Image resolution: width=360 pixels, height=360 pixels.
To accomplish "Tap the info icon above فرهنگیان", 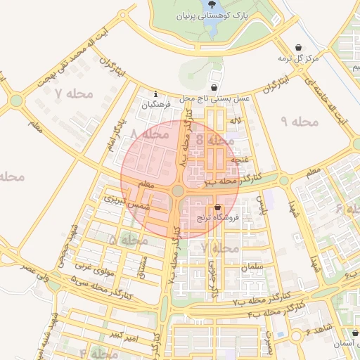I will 156,94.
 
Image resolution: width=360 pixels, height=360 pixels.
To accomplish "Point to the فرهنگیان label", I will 156,104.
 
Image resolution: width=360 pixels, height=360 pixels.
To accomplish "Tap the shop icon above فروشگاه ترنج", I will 217,207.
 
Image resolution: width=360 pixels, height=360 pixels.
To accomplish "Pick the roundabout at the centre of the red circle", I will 178,191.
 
